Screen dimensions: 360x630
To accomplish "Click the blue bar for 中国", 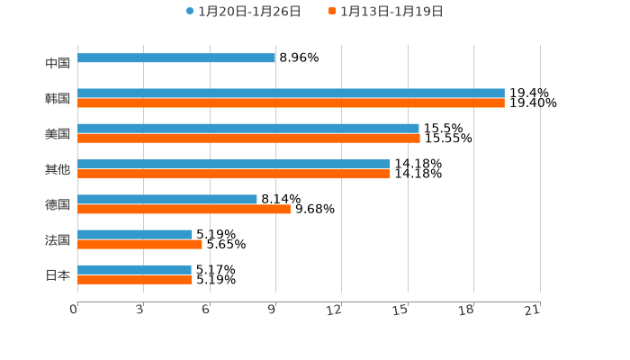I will click(x=176, y=58).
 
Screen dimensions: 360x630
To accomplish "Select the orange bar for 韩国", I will click(x=291, y=103).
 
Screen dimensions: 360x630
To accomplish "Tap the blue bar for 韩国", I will click(x=291, y=94).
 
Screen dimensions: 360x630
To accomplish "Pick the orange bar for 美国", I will click(x=248, y=139).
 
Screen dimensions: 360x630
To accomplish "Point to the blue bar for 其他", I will click(x=234, y=164).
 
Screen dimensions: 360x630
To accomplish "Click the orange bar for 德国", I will click(x=184, y=209).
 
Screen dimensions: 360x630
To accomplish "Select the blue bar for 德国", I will click(x=167, y=199).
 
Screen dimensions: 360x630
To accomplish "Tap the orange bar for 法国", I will click(x=139, y=244).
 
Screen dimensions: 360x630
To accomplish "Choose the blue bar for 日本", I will click(x=134, y=270).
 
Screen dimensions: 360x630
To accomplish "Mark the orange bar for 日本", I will click(x=135, y=280).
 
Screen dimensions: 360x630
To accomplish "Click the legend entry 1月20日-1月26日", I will click(x=243, y=12).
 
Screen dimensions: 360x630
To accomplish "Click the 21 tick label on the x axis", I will click(x=532, y=310).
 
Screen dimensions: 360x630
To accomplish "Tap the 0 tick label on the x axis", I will click(x=74, y=310).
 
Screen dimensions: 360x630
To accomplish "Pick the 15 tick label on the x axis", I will click(x=400, y=310).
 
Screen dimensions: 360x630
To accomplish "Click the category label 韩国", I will click(x=58, y=98).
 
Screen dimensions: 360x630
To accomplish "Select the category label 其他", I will click(x=58, y=169).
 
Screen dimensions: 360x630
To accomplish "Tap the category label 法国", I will click(x=58, y=239).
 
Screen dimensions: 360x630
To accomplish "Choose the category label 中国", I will click(x=58, y=63).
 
